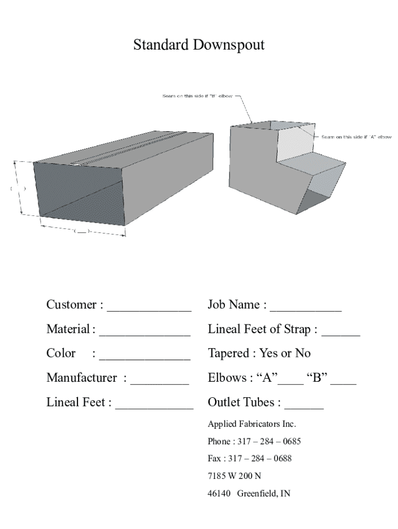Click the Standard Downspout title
[x=199, y=45]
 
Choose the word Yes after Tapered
[x=269, y=353]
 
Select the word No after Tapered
[x=303, y=353]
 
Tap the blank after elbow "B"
[x=343, y=380]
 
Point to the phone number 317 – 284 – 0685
[x=269, y=441]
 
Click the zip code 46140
[x=219, y=493]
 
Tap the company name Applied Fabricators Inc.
[x=252, y=424]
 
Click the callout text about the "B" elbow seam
[x=198, y=96]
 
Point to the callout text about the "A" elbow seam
[x=356, y=137]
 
